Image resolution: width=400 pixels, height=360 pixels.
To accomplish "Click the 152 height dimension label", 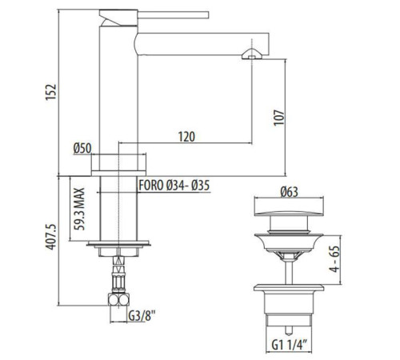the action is tap(51, 92).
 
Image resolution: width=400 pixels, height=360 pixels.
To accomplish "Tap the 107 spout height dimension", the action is tap(279, 118).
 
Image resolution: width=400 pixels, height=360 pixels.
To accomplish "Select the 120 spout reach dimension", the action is tap(186, 137).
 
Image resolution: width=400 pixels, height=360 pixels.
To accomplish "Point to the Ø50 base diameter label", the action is tap(82, 148).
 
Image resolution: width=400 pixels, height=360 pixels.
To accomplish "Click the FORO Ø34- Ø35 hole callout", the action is tap(174, 186).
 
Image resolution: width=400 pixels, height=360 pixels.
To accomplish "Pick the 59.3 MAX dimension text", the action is tap(79, 209).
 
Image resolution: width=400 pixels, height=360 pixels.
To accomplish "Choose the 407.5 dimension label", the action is tap(50, 237).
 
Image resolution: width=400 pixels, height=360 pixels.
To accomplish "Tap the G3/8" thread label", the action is tap(142, 316).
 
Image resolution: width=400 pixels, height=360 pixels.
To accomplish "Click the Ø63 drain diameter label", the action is tap(289, 192).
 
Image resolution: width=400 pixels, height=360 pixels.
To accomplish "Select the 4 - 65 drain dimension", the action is tap(334, 258).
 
